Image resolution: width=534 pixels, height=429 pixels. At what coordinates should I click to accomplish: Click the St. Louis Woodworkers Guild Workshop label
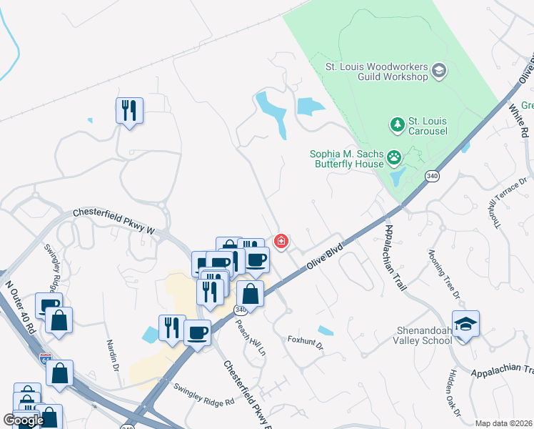click(x=376, y=71)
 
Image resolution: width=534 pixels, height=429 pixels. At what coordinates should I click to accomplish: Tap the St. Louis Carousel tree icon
click(x=397, y=126)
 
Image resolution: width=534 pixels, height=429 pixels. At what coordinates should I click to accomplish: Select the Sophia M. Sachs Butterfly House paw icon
click(x=394, y=156)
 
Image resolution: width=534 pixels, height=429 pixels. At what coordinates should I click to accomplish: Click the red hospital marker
click(x=281, y=242)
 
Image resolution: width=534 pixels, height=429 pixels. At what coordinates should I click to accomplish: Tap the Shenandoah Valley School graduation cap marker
click(x=465, y=324)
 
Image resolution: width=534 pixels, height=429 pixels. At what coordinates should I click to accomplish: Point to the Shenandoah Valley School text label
click(x=424, y=335)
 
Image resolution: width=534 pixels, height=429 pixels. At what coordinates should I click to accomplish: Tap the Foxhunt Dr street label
click(x=306, y=342)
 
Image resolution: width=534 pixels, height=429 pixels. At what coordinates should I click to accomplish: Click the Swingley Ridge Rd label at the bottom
click(x=203, y=394)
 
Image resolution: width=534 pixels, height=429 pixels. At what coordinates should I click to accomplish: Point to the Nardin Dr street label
click(x=112, y=355)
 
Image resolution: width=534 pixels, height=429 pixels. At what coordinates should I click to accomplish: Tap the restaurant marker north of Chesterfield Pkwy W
click(x=129, y=110)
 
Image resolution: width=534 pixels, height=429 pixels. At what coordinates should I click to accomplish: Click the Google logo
click(x=23, y=420)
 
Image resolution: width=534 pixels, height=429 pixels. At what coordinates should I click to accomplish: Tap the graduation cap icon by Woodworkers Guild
click(x=439, y=70)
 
